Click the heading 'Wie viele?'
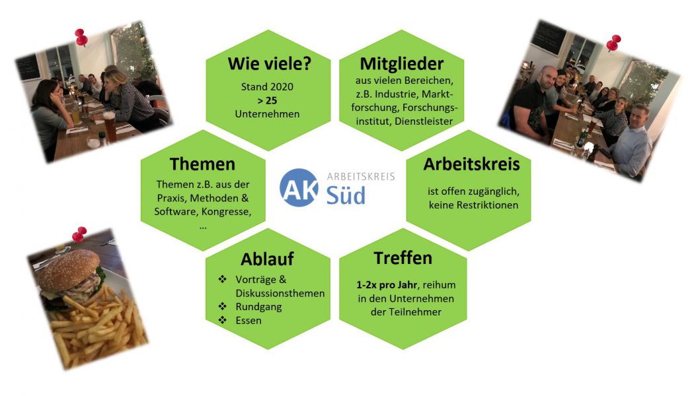click(270, 63)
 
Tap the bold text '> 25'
click(267, 100)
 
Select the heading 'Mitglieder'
click(401, 64)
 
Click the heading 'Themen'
click(203, 164)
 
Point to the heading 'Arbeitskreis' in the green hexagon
click(471, 164)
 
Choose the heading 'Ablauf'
click(267, 259)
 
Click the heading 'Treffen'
click(403, 258)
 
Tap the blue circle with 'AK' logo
click(299, 187)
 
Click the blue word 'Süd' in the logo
click(346, 195)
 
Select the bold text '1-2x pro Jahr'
click(387, 285)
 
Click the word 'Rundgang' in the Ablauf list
click(258, 307)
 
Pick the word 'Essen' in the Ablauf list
click(249, 320)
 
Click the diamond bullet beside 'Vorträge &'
click(222, 279)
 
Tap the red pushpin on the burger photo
click(79, 234)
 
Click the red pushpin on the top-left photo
click(81, 37)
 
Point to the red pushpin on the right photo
click(613, 43)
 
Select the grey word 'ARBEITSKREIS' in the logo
click(361, 177)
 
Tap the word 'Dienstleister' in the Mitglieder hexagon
click(424, 121)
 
